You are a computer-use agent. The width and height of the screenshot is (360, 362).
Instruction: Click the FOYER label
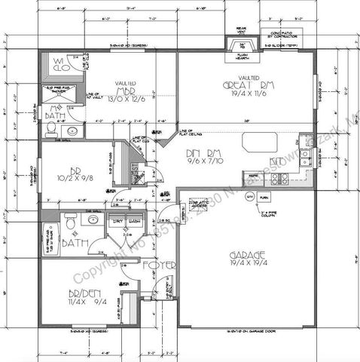[x=165, y=265]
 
